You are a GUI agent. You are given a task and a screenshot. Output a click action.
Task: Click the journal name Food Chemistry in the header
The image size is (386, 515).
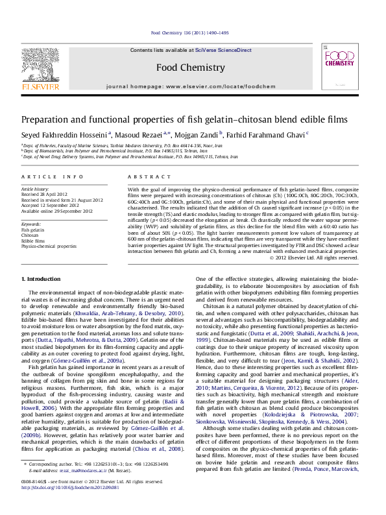tap(191, 67)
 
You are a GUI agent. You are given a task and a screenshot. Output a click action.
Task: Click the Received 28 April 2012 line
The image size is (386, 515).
tap(44, 194)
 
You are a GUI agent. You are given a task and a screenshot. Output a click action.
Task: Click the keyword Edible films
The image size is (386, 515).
tap(34, 241)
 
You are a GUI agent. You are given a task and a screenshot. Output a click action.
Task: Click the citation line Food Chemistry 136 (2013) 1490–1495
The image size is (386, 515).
tap(189, 32)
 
